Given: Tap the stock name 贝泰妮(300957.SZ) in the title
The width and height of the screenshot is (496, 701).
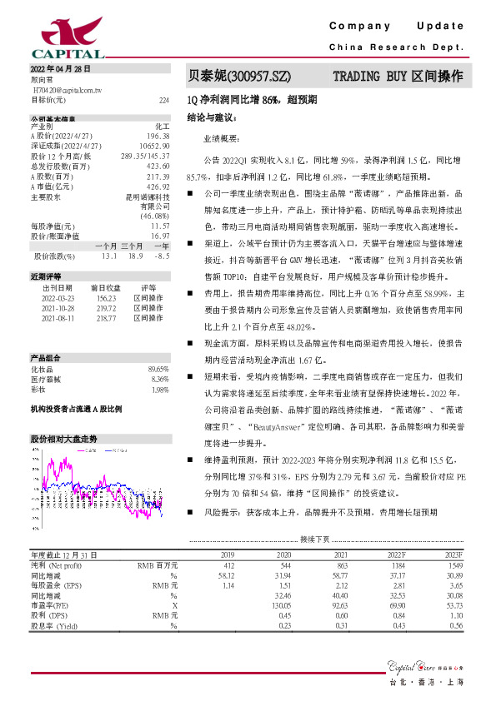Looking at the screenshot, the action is pos(239,76).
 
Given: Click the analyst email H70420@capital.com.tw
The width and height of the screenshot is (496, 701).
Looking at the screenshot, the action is pos(66,88).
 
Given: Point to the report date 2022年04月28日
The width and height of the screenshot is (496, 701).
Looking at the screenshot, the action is pos(61,67).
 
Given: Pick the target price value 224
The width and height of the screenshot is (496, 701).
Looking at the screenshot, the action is pos(163,99).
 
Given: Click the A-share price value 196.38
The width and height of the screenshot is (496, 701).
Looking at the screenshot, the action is pos(158,135).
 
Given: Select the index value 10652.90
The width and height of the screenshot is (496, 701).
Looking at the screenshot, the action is pos(156,146).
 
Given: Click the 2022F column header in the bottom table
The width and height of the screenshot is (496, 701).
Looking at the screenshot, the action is pos(395,554).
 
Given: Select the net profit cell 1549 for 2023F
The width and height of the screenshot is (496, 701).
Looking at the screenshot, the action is pos(453,564).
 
